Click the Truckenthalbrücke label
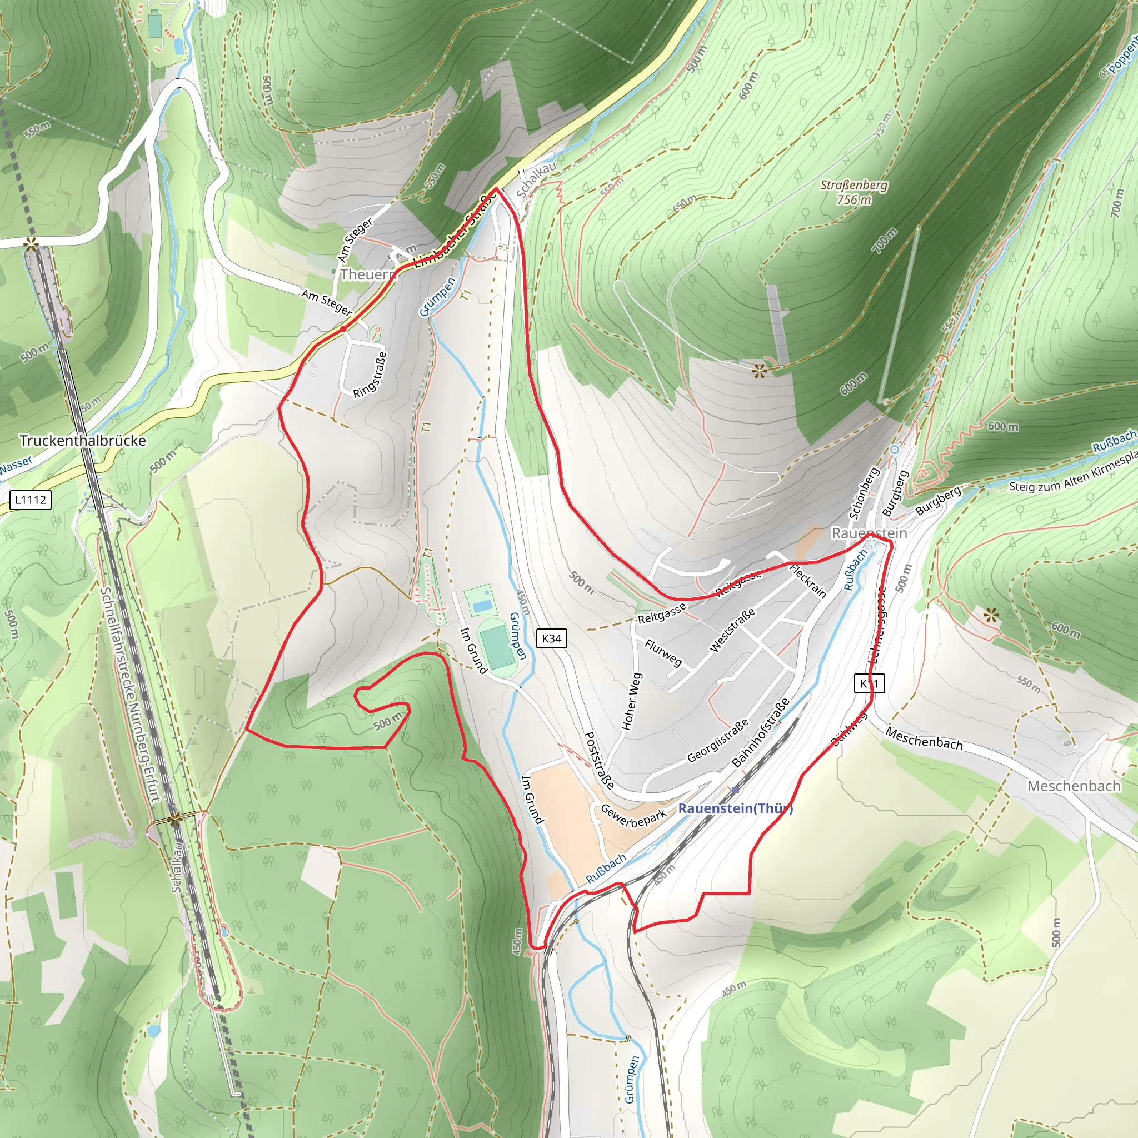tap(82, 441)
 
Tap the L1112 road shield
tap(31, 500)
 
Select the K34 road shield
tap(551, 638)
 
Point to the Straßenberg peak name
tap(854, 186)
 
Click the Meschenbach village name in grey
tap(1073, 786)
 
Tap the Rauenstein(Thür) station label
tap(735, 808)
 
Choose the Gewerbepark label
tap(633, 816)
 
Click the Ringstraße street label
tap(370, 375)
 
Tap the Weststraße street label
tap(732, 631)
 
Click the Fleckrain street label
tap(807, 581)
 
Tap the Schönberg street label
tap(864, 493)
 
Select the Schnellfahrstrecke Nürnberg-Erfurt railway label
tap(130, 695)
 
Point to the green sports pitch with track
tap(498, 647)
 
